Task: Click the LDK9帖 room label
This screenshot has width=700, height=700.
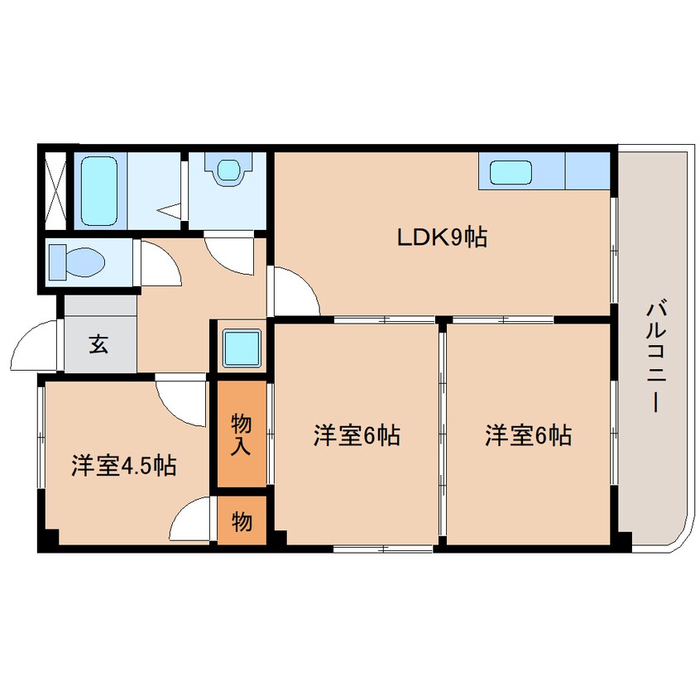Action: click(x=441, y=238)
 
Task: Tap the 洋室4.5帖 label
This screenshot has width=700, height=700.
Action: click(x=122, y=465)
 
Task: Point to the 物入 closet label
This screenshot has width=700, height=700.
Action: click(x=242, y=434)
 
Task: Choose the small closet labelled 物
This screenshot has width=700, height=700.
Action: click(x=242, y=521)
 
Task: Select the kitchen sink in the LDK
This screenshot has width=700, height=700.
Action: click(x=511, y=173)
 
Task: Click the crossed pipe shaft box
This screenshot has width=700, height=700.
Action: click(x=55, y=188)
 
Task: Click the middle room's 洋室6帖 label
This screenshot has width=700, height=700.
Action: click(x=357, y=435)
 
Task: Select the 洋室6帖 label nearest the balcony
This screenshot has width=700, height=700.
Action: click(x=528, y=435)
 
